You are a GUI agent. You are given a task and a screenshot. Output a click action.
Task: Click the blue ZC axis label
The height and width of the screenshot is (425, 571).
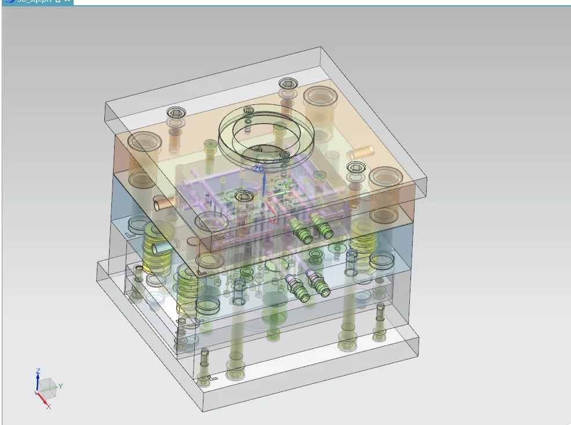(259, 168)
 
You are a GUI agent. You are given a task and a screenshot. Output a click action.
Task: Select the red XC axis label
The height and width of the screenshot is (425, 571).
(272, 221)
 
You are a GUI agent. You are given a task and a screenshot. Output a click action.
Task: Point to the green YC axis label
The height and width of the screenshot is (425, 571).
(288, 184)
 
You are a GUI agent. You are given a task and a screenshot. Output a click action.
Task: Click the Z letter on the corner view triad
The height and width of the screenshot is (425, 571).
(38, 370)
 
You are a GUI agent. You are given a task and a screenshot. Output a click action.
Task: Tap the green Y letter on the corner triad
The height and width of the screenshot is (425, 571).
(60, 386)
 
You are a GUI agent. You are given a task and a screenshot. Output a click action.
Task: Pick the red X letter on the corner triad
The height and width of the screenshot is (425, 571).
(48, 406)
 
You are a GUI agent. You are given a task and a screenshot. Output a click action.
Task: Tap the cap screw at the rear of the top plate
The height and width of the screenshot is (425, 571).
(288, 85)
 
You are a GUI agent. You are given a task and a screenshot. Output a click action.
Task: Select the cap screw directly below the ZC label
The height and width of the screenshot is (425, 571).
(243, 197)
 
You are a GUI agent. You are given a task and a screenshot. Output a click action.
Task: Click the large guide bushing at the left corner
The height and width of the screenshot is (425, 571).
(144, 142)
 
